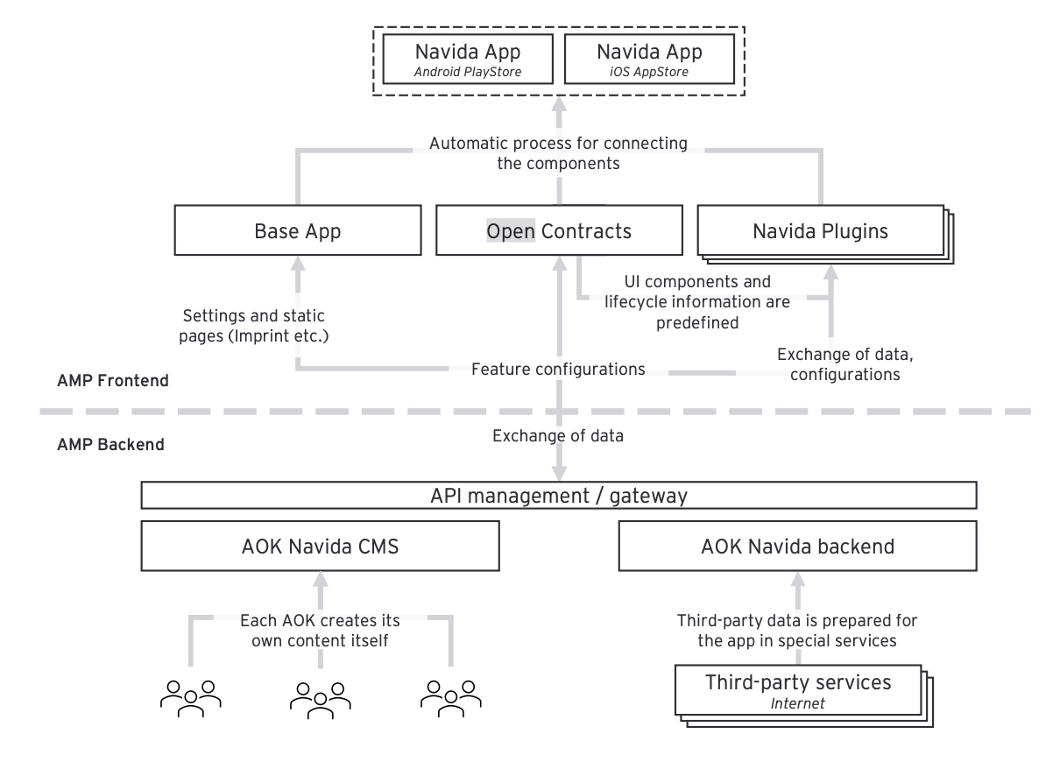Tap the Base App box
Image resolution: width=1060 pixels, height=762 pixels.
(298, 232)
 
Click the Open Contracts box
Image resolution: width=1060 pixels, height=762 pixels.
(558, 232)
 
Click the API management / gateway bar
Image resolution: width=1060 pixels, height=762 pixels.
(558, 496)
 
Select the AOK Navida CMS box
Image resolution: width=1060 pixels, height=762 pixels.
(320, 547)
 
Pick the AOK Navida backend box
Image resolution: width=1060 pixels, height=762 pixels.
(797, 547)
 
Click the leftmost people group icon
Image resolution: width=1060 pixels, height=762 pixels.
(190, 697)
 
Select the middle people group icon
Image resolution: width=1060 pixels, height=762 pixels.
(320, 697)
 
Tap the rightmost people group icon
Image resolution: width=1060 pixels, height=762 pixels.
(451, 697)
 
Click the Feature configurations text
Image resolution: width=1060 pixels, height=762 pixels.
(558, 369)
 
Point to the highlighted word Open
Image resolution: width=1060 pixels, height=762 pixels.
(511, 232)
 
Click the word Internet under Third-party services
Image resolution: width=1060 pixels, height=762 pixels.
(797, 702)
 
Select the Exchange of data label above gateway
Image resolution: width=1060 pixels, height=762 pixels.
(558, 435)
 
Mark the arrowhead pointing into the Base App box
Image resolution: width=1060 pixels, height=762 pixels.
(298, 262)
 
